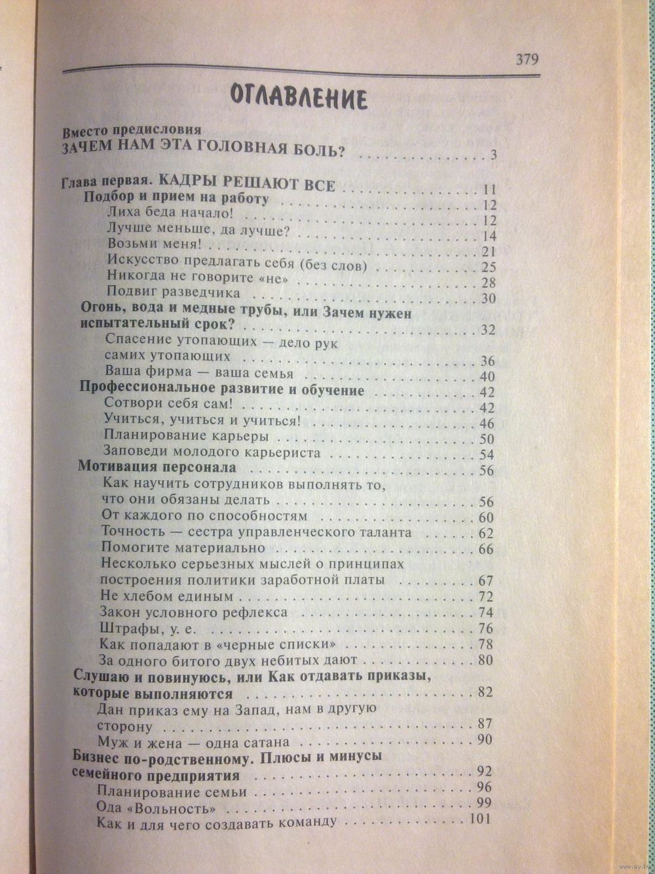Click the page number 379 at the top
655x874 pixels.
pyautogui.click(x=527, y=60)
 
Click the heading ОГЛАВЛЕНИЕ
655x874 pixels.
pyautogui.click(x=299, y=97)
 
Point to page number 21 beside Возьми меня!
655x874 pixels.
pyautogui.click(x=489, y=252)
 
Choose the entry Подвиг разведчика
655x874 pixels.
pyautogui.click(x=173, y=292)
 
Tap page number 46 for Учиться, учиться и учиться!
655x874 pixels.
pyautogui.click(x=487, y=424)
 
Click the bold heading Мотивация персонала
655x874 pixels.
pyautogui.click(x=157, y=467)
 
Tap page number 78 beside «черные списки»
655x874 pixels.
pyautogui.click(x=485, y=644)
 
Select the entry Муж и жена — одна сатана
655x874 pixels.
pyautogui.click(x=193, y=742)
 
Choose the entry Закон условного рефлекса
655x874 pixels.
pyautogui.click(x=193, y=612)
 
